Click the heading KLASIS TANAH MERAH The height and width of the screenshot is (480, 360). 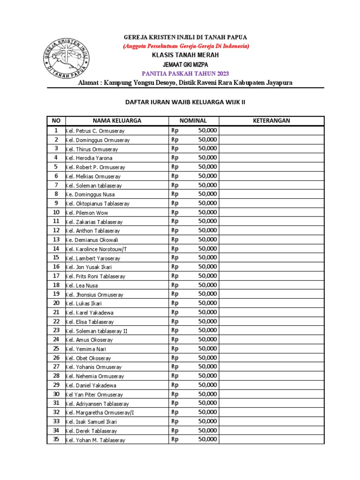pos(185,55)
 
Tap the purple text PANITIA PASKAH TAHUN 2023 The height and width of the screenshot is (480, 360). pos(185,74)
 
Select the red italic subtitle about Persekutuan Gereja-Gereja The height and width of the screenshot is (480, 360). pos(186,46)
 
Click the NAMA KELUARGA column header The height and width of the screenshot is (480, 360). pos(117,121)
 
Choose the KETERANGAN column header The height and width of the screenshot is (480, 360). pos(271,121)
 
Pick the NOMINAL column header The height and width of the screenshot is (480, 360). pos(193,121)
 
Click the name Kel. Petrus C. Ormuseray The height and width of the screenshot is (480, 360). pos(95,131)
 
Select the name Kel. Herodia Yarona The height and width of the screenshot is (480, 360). pos(89,158)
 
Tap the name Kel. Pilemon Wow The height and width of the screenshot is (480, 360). pos(87,213)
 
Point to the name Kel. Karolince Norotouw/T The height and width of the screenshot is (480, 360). pos(96,249)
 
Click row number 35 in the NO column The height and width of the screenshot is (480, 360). pos(56,439)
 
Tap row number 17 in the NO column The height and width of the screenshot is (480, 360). pos(56,276)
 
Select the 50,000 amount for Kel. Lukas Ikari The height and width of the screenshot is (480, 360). pos(207,303)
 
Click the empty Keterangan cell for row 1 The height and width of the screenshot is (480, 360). pos(271,131)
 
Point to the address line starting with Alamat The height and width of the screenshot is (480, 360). pos(185,82)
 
